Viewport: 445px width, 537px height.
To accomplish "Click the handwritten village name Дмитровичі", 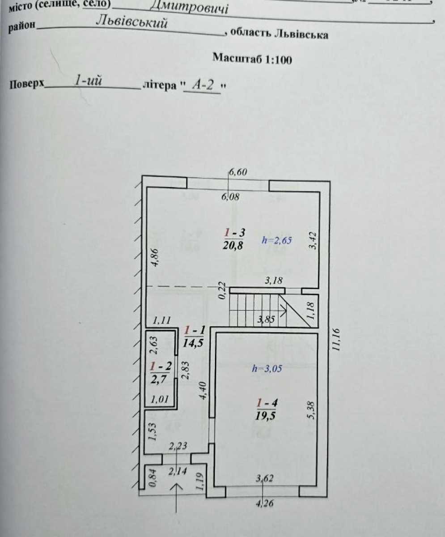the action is pos(189,6).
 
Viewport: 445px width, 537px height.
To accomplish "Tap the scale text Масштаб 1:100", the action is pos(252,59).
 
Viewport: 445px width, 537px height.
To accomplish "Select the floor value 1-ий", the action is pos(88,81).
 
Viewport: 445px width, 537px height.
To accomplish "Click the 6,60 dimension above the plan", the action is pos(238,172).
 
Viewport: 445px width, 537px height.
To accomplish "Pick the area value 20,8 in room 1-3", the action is pos(233,246).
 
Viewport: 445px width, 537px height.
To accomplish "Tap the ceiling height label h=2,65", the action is pos(277,240).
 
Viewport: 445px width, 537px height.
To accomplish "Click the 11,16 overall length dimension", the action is pos(335,339).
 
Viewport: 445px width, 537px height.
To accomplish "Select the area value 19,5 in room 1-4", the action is pos(265,415).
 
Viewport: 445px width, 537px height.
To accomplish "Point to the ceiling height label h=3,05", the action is pos(267,369).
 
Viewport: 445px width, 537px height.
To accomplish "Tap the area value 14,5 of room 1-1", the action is pos(193,343).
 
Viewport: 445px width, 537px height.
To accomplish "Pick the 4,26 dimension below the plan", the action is pos(264,503).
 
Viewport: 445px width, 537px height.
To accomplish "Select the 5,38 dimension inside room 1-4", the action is pos(311,410).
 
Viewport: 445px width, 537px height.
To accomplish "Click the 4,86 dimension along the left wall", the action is pos(155,257).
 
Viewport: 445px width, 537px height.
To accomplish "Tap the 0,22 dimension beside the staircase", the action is pos(222,290).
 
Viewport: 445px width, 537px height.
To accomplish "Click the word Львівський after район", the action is pos(132,22).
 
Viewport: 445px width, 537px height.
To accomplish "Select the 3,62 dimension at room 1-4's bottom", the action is pos(265,478).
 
